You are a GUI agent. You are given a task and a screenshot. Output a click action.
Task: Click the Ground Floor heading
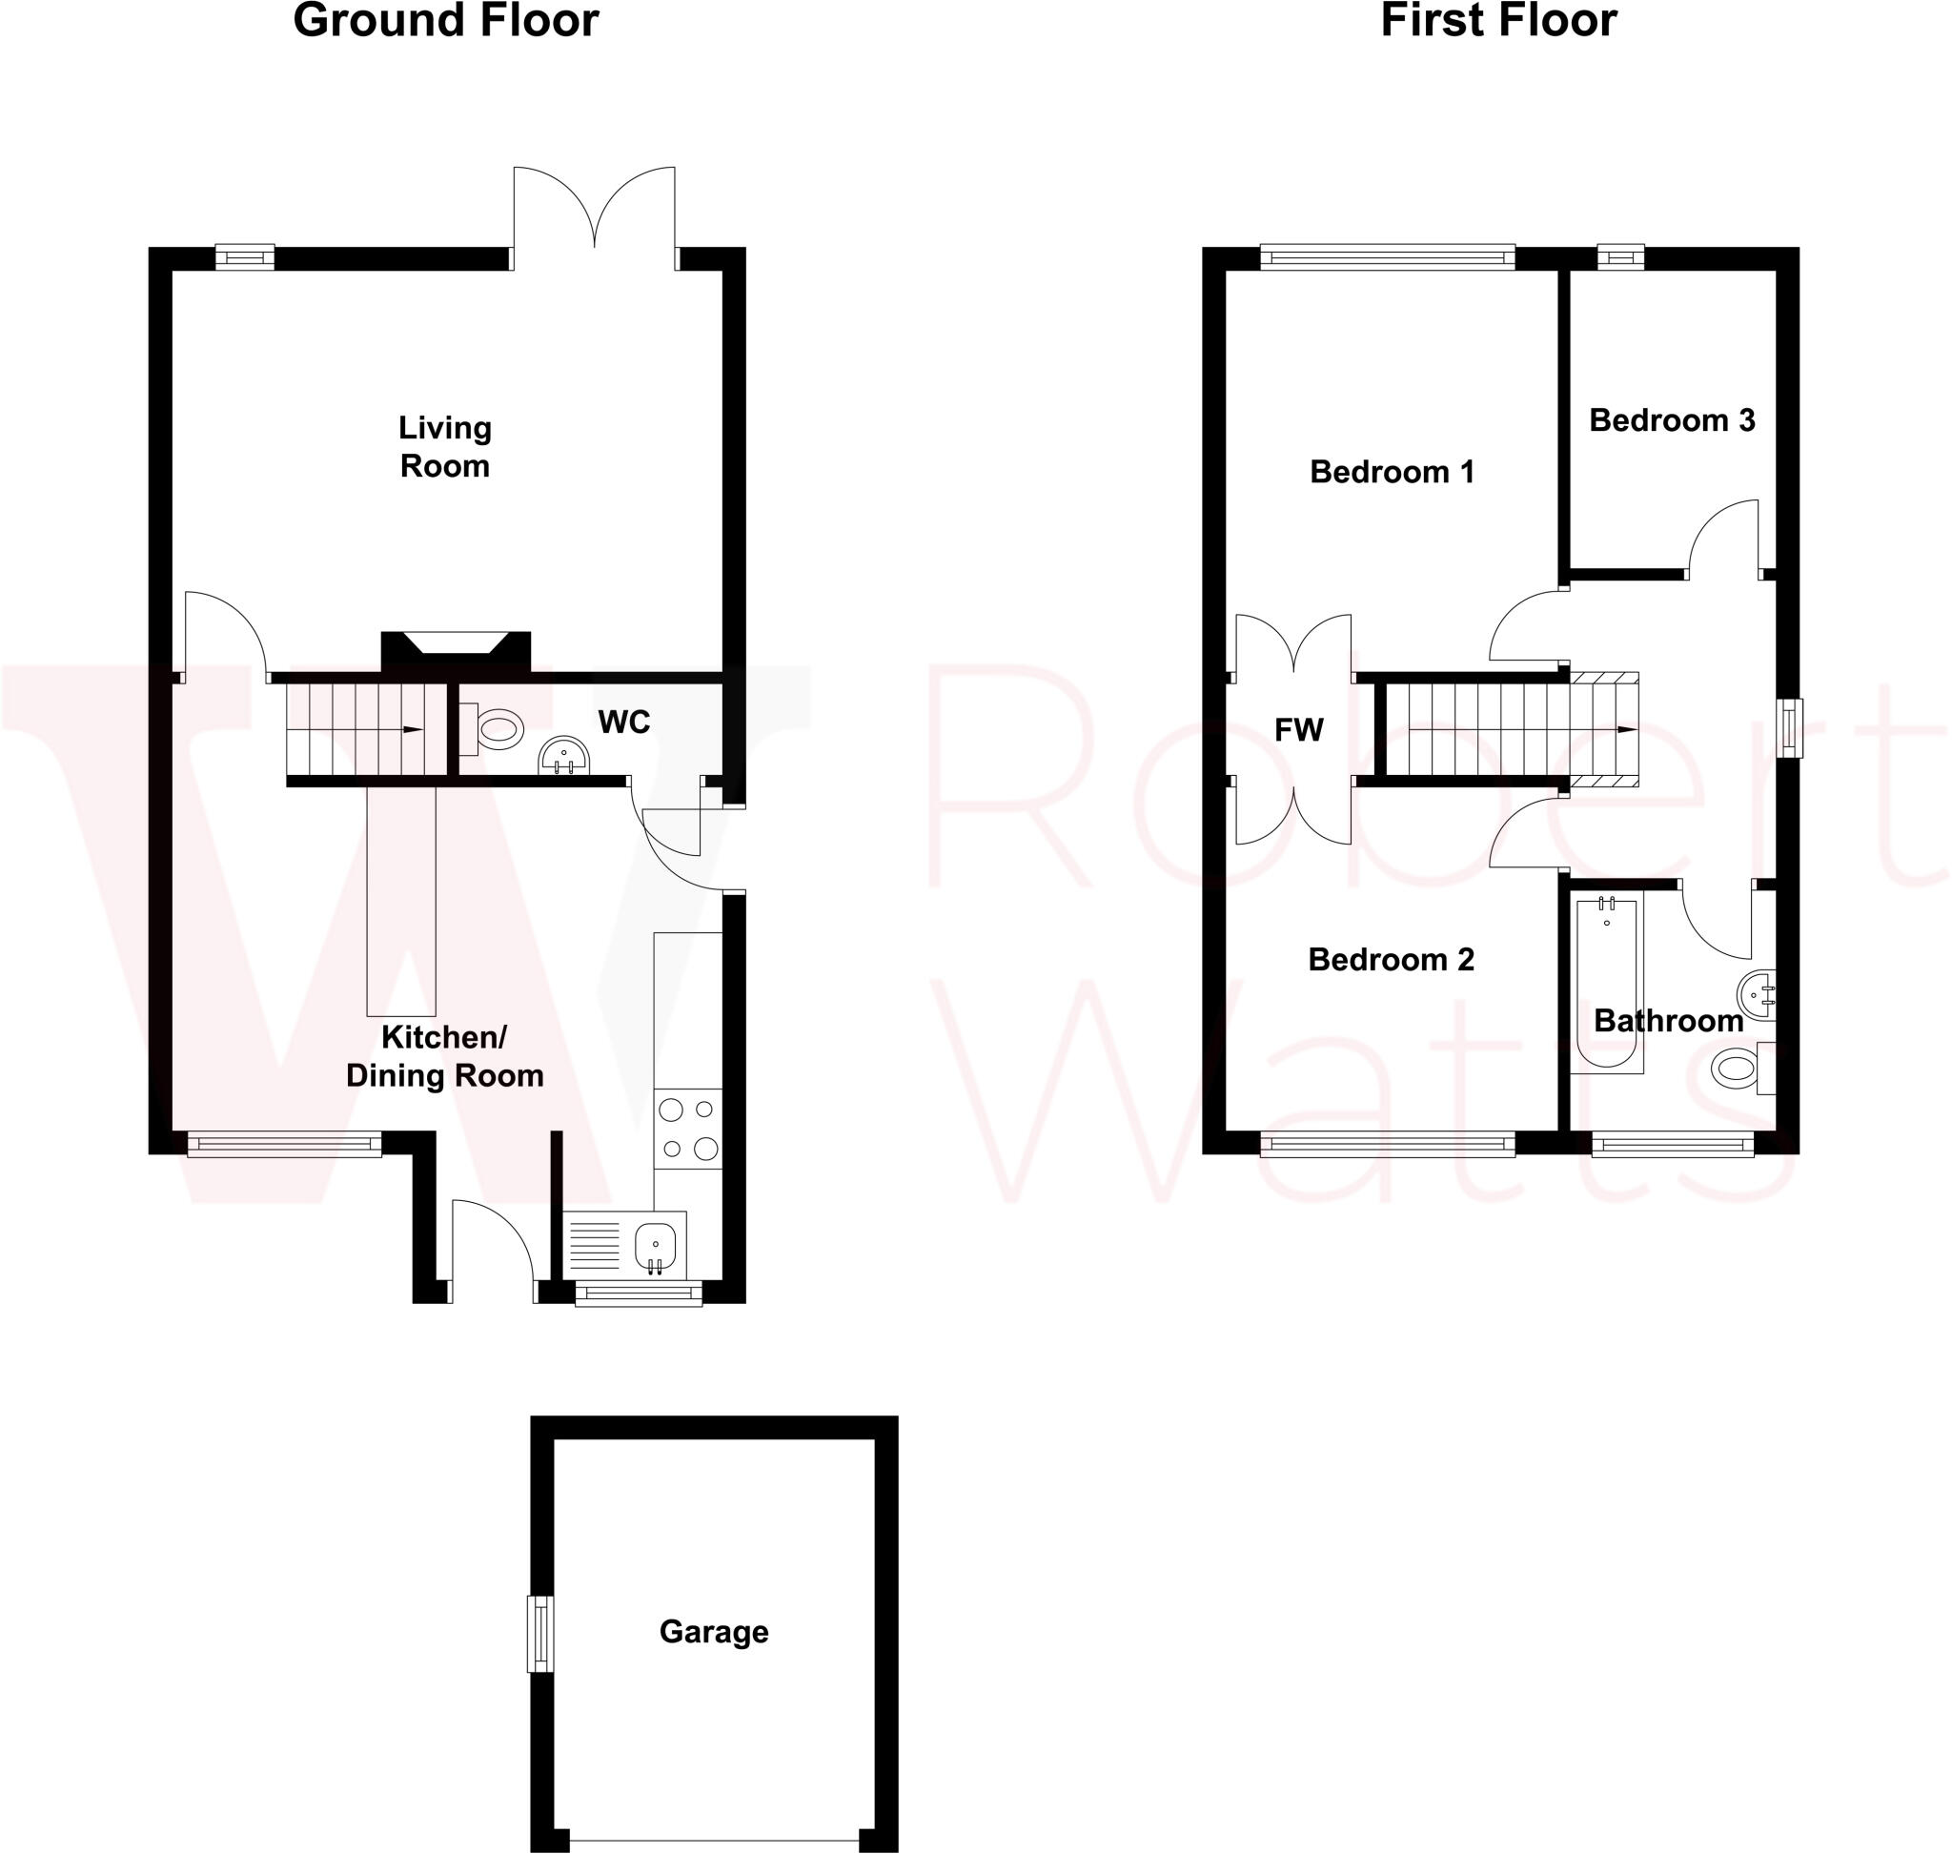pos(446,21)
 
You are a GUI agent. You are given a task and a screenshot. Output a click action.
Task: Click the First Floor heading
pos(1497,21)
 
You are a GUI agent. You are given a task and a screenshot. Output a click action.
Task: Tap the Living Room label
pos(445,447)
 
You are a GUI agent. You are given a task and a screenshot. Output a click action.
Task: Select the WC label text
pos(623,723)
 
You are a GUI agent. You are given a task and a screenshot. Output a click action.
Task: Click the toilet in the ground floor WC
pos(498,729)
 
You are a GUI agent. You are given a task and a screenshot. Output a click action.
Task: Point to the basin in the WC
pos(563,757)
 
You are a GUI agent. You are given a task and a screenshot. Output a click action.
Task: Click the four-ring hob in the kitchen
pos(688,1129)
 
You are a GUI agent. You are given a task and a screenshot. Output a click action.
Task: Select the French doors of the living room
pos(594,213)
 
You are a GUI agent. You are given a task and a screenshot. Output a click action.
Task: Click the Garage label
pos(714,1631)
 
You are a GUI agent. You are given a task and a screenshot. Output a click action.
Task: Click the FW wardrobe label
pos(1298,730)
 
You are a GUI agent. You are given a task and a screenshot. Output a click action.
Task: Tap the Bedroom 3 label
pos(1672,421)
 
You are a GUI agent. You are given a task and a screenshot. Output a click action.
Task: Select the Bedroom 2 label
pos(1391,960)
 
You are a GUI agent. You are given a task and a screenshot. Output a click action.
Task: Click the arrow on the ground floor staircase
pos(412,730)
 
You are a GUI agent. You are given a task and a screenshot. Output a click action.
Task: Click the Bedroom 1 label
pos(1392,473)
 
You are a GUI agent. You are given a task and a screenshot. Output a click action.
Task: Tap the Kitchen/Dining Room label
pos(445,1056)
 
